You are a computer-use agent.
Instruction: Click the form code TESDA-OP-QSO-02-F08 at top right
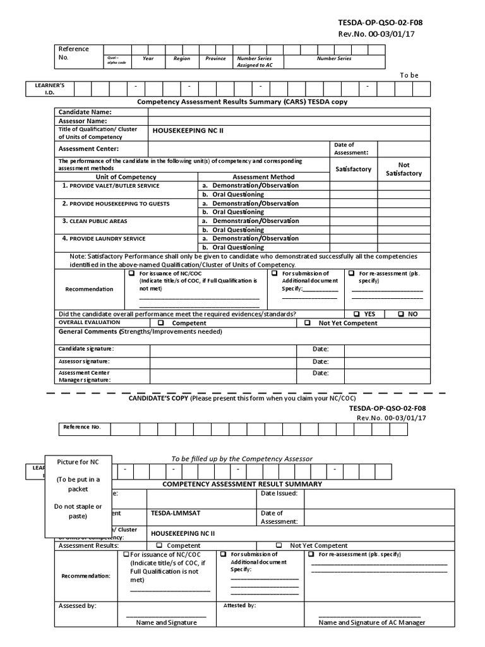pos(381,23)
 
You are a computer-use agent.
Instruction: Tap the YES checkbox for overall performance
pos(357,314)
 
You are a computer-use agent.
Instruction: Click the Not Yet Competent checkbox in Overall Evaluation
pos(308,323)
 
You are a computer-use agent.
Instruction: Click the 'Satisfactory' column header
pos(353,169)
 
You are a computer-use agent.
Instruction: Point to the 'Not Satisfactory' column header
pos(404,169)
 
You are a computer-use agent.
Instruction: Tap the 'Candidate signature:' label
pos(87,349)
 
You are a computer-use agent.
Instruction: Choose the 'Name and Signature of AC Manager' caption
pos(371,622)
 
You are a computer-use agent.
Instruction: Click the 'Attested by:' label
pos(239,605)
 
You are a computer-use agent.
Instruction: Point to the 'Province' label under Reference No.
pos(215,58)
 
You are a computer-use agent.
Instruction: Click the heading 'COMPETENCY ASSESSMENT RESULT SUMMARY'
pos(242,484)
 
